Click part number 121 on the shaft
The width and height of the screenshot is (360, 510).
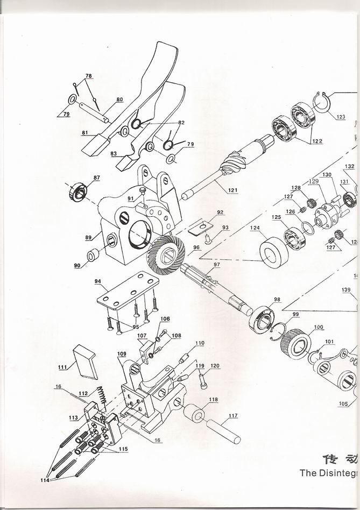pos(232,190)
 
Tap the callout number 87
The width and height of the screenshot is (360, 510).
pos(96,178)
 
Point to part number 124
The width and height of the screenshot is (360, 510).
pos(255,228)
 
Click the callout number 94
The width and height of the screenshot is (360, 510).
pos(98,281)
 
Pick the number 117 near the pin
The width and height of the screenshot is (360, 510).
pos(232,415)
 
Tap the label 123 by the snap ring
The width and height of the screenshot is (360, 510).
pos(341,117)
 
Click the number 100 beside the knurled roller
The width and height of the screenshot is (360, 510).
pos(319,327)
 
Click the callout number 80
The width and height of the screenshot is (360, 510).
pos(119,100)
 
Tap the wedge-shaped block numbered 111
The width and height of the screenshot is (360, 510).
pos(85,361)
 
